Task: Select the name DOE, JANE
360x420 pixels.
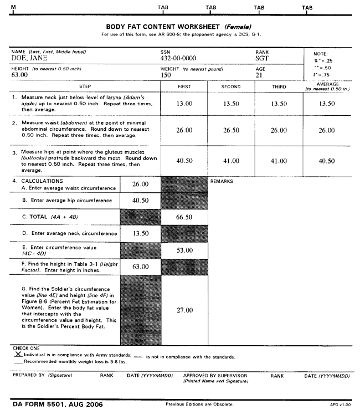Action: pyautogui.click(x=29, y=58)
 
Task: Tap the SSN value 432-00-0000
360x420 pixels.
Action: pyautogui.click(x=176, y=58)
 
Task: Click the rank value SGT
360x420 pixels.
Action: pyautogui.click(x=262, y=58)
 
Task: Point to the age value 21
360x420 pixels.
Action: pyautogui.click(x=259, y=75)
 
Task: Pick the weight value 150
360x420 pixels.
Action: pyautogui.click(x=166, y=75)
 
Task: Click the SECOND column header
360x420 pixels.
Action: pyautogui.click(x=231, y=87)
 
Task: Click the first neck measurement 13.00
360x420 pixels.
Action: pyautogui.click(x=184, y=104)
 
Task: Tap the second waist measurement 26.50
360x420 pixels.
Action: pyautogui.click(x=231, y=130)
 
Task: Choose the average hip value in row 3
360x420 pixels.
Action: pyautogui.click(x=327, y=161)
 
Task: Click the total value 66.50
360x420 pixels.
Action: pyautogui.click(x=184, y=217)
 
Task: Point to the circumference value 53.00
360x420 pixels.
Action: pyautogui.click(x=184, y=250)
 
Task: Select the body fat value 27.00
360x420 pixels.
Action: pyautogui.click(x=184, y=310)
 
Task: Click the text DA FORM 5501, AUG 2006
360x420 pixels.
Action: pyautogui.click(x=58, y=404)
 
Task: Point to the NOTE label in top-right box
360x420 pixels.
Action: pyautogui.click(x=320, y=54)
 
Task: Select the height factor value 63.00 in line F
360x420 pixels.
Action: pyautogui.click(x=140, y=267)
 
